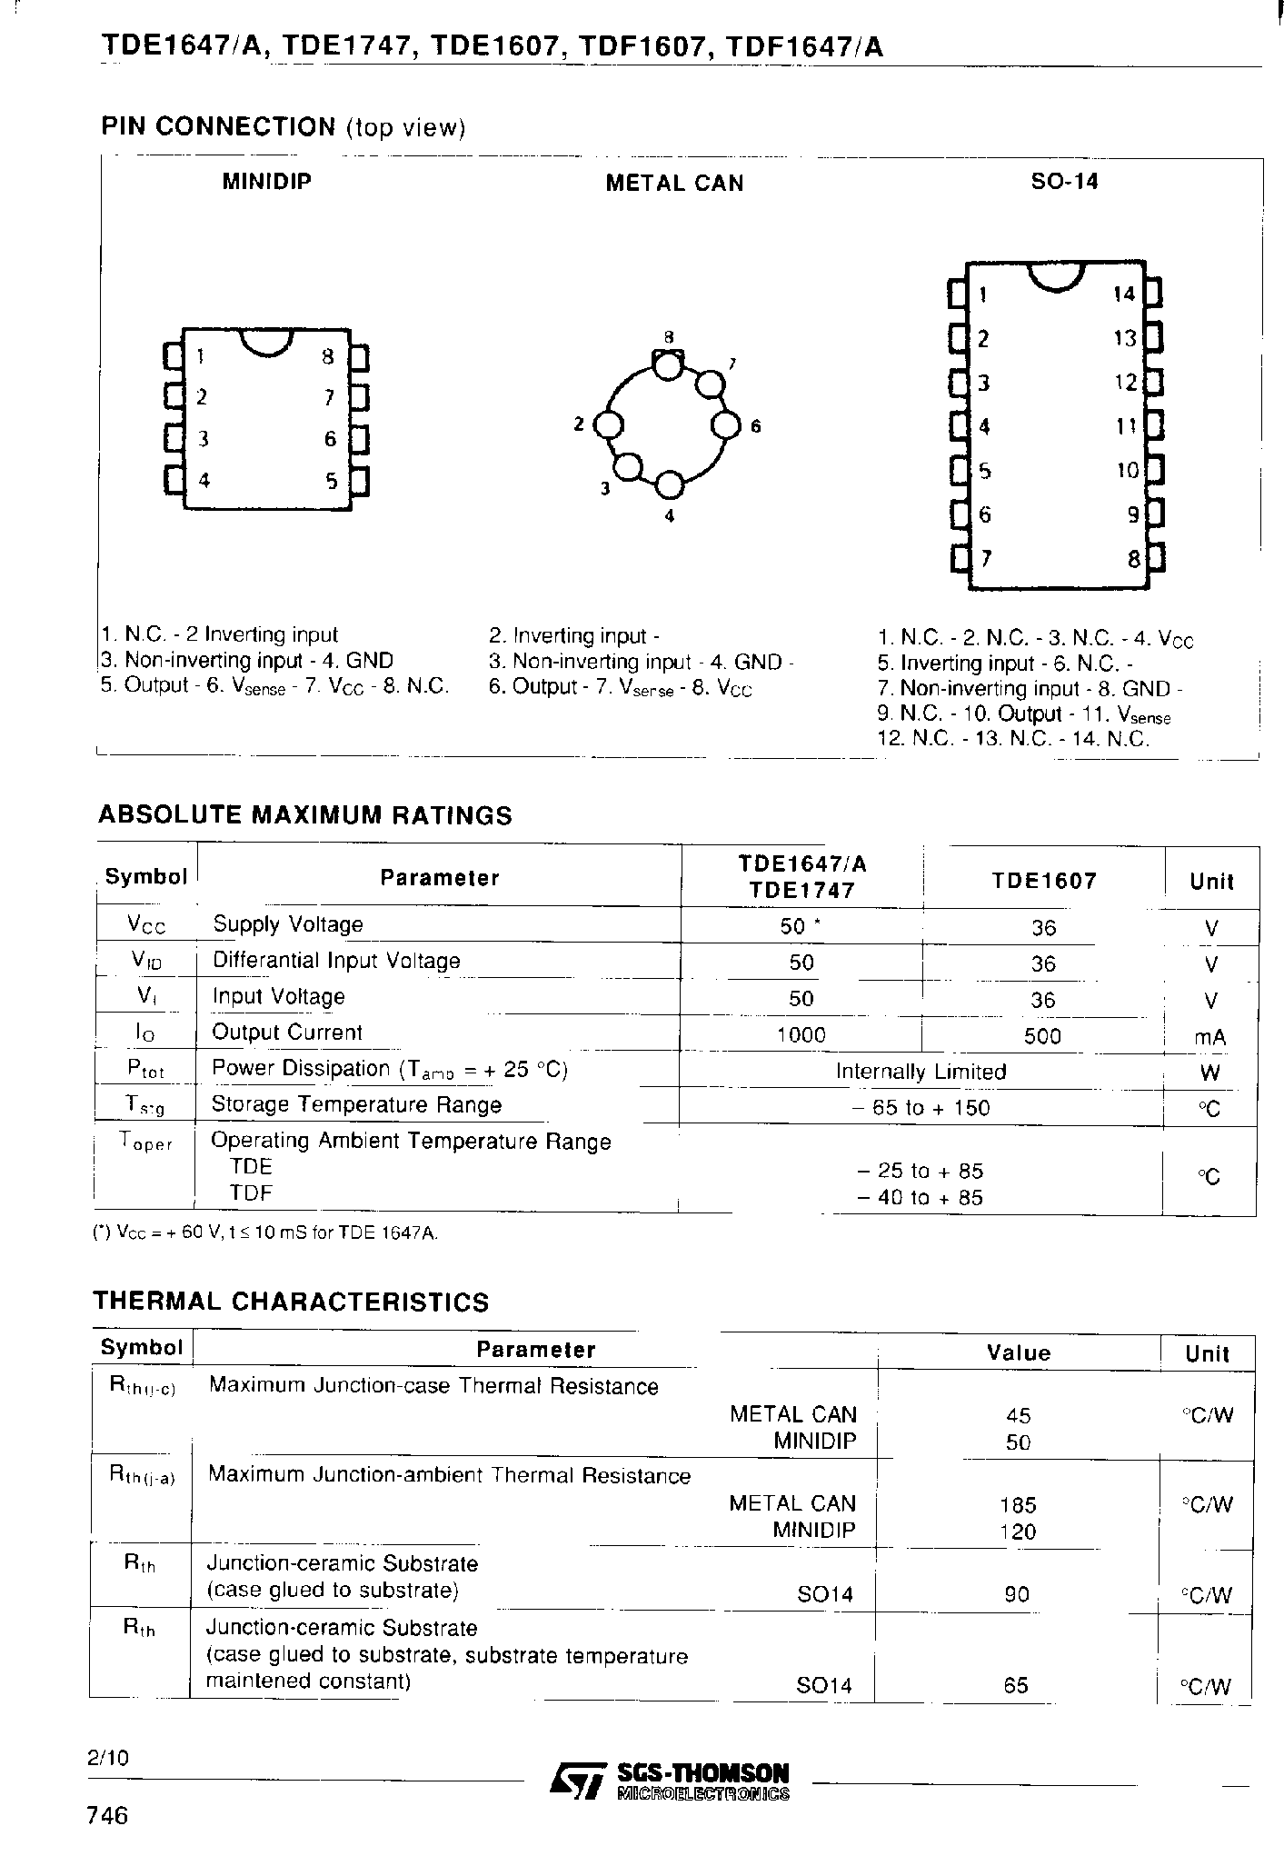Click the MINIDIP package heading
266,182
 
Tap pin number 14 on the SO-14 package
1124,294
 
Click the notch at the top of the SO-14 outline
1056,276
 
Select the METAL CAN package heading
674,184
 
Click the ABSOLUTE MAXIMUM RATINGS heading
304,815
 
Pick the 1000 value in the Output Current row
801,1035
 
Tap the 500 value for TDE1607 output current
1042,1036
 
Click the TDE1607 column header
1043,881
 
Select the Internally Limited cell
921,1072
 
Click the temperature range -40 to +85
921,1198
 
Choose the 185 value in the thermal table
1017,1505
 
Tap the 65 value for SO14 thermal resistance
1016,1686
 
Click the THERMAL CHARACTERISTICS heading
291,1302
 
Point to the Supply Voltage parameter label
287,924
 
